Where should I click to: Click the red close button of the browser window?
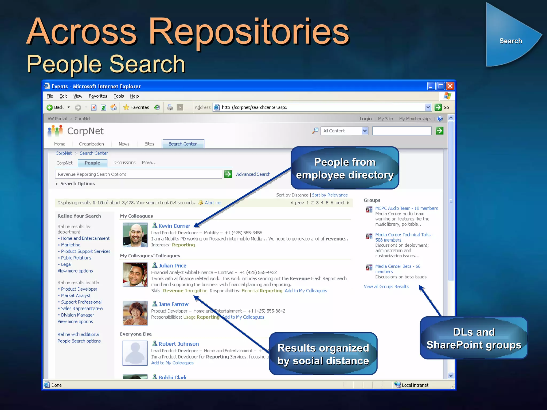pos(450,86)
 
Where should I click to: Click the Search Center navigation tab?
pos(183,144)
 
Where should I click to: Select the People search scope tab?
pos(92,163)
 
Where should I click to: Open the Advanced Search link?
pos(253,174)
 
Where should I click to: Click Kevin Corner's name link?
pos(174,226)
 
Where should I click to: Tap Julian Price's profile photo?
pos(135,274)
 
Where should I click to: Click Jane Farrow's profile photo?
pos(135,313)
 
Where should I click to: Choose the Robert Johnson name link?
pos(178,344)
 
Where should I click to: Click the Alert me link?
pos(213,203)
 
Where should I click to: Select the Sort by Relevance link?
pos(330,195)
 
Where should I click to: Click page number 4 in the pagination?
pos(322,203)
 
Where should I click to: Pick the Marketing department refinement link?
pos(71,245)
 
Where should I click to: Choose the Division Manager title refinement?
pos(77,315)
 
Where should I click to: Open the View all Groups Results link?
pos(386,286)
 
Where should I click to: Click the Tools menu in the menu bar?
pos(119,96)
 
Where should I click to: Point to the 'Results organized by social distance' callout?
pos(323,354)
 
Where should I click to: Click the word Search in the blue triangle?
pos(511,41)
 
